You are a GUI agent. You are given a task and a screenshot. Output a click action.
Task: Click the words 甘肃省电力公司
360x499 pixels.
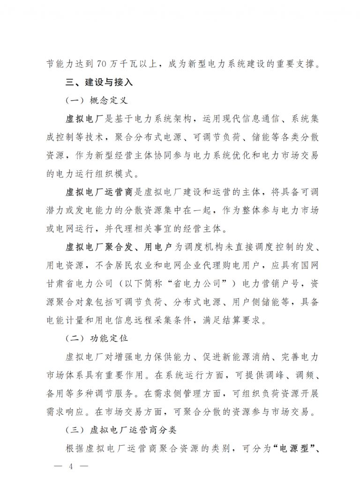coord(75,284)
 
